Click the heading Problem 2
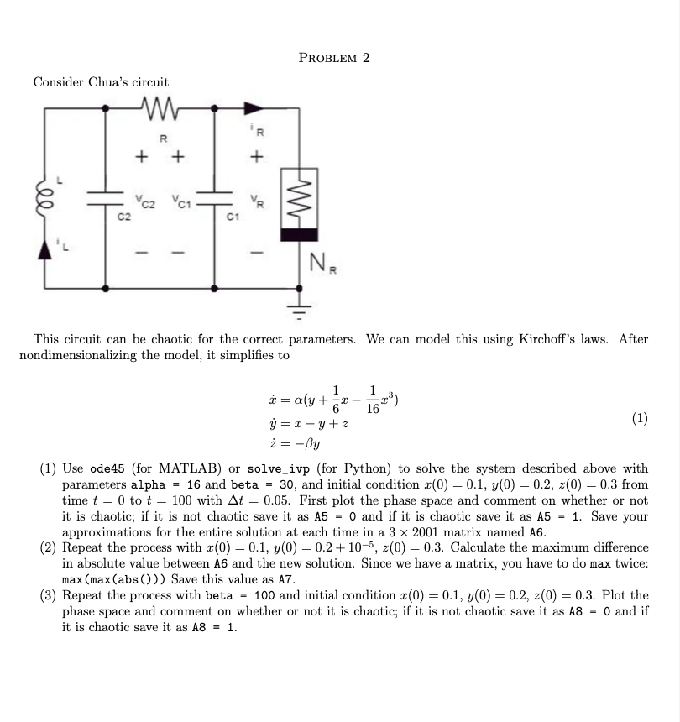point(334,58)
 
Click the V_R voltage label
point(259,201)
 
